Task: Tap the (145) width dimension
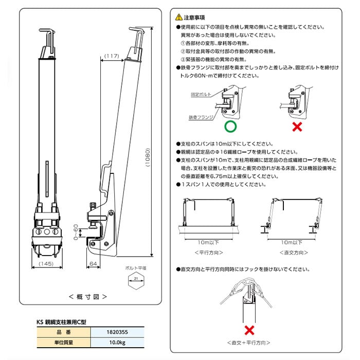[46, 264]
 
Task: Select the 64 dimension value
[93, 264]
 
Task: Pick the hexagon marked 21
[135, 279]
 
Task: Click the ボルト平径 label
[135, 268]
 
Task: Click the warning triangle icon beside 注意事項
[177, 16]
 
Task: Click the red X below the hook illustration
[249, 330]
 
